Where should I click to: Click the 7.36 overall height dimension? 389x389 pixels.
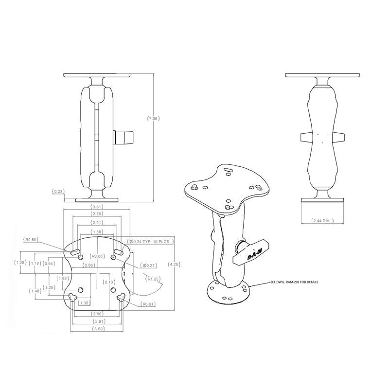pyautogui.click(x=154, y=118)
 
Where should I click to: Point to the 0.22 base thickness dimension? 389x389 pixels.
pyautogui.click(x=57, y=192)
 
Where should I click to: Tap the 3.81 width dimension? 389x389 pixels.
pyautogui.click(x=97, y=206)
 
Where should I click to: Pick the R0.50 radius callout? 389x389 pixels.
pyautogui.click(x=31, y=239)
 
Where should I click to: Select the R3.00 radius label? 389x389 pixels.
pyautogui.click(x=97, y=256)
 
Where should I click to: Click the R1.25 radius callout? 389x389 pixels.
pyautogui.click(x=154, y=279)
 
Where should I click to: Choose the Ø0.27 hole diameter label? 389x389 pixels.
pyautogui.click(x=147, y=265)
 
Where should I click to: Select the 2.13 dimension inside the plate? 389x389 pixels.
pyautogui.click(x=109, y=281)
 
